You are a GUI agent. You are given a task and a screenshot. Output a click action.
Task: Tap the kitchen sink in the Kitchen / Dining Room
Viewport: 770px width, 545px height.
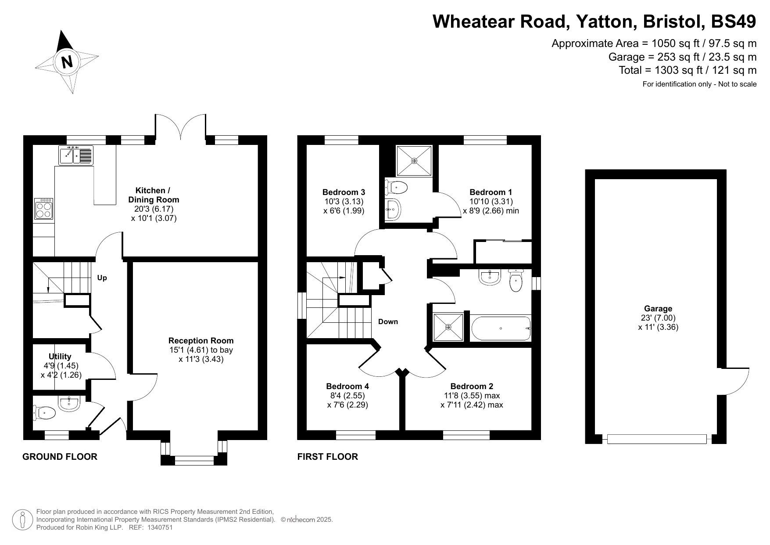tap(76, 155)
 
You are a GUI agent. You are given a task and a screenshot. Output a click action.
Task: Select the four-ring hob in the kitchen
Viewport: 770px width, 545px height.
tap(44, 209)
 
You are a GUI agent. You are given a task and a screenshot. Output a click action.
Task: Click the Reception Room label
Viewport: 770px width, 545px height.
tap(201, 340)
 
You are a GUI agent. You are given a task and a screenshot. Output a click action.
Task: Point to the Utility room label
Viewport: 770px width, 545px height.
tap(60, 356)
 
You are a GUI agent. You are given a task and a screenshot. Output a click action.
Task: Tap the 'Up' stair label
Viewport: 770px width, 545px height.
tap(102, 278)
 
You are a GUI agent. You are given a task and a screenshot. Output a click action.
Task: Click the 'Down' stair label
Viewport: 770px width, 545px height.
tap(388, 321)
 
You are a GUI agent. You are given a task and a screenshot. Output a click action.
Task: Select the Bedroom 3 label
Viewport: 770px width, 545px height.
tap(344, 192)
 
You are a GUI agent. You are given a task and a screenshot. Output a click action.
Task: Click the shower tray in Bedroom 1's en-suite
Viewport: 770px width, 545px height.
tap(414, 161)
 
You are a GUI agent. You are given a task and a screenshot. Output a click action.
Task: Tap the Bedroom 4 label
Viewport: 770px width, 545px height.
tap(347, 386)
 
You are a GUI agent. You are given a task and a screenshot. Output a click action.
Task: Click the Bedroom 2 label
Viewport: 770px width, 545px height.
tap(472, 386)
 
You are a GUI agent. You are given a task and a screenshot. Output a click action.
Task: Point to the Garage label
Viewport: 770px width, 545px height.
tap(658, 309)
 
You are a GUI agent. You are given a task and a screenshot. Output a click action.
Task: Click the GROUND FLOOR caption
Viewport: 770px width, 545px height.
tap(60, 457)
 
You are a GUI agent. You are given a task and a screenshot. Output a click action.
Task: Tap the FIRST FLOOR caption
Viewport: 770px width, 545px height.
tap(328, 457)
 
